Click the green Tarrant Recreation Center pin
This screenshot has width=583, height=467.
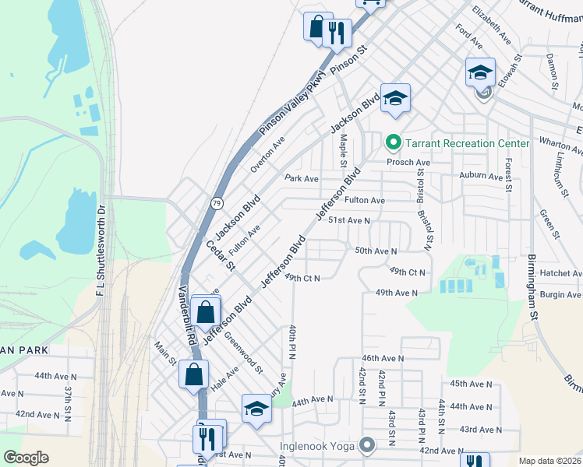point(393,142)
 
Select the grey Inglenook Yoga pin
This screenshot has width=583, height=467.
point(367,446)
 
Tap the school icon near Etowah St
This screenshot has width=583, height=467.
point(480,74)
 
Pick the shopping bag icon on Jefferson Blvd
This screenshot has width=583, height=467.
point(206,313)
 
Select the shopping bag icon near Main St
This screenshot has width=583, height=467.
point(193,374)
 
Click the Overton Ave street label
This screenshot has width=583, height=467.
point(267,153)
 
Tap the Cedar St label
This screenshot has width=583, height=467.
point(221,255)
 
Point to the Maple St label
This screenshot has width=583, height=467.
point(343,150)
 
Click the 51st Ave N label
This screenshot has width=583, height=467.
point(348,220)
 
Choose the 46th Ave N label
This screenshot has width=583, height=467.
point(382,358)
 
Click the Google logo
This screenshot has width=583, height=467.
point(26,458)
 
